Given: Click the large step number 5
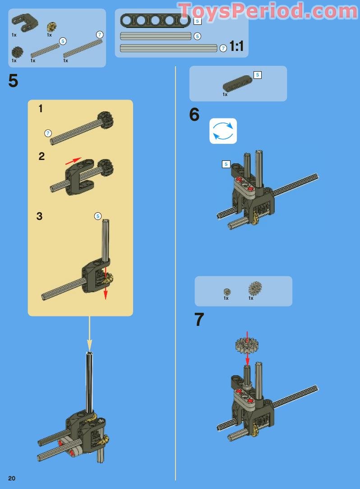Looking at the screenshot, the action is click(13, 81).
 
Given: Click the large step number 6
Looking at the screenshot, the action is click(194, 114).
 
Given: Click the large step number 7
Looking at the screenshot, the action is click(199, 320).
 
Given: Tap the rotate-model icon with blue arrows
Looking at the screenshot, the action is click(223, 131).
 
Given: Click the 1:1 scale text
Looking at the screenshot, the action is click(236, 46).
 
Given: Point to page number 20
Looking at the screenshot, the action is click(12, 478).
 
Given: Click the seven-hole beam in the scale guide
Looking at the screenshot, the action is click(155, 20).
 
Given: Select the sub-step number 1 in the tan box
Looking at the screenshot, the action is click(41, 109).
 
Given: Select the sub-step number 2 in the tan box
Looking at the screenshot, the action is click(42, 156).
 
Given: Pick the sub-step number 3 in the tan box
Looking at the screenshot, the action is click(39, 216).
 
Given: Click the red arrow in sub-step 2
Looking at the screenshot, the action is click(74, 161).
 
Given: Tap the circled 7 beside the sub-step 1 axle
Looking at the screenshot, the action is click(48, 133).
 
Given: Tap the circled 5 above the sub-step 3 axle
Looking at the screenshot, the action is click(98, 216).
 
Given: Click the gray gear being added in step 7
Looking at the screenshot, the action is click(247, 344).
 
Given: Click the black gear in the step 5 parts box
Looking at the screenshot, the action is click(18, 52).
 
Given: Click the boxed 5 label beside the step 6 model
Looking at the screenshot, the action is click(226, 164).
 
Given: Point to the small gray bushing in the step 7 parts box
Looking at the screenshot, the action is click(227, 292).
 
